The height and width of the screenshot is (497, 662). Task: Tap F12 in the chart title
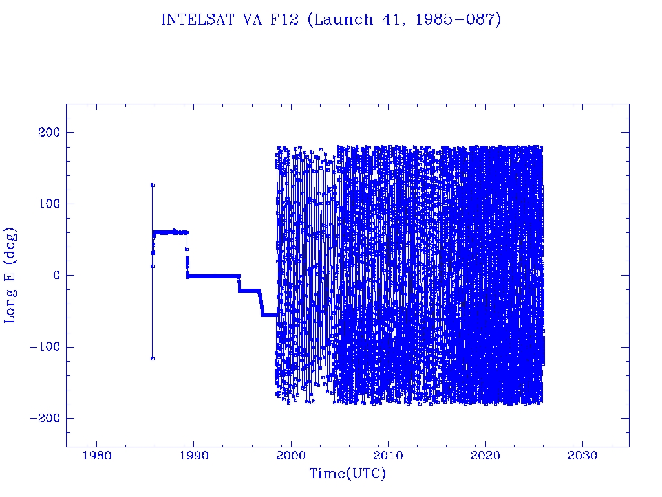tap(286, 19)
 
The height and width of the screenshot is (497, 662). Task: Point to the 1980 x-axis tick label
tap(97, 455)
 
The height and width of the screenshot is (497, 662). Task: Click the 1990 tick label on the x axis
tap(194, 455)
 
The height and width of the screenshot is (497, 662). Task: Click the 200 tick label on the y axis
tap(48, 133)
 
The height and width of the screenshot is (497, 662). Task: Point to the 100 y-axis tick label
tap(48, 204)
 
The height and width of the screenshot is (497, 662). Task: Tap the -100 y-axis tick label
tap(44, 347)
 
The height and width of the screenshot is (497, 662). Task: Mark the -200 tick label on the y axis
tap(44, 418)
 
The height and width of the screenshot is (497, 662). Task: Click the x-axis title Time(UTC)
tap(347, 474)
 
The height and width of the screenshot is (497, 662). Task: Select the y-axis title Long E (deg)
tap(11, 275)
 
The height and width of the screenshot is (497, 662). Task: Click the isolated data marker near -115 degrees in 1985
tap(152, 358)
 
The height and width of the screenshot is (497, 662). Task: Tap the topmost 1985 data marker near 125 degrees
tap(153, 185)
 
